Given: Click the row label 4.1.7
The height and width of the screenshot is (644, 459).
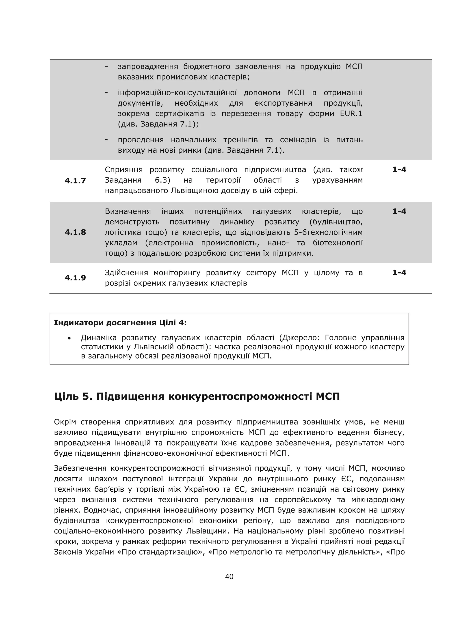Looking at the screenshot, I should (x=75, y=181).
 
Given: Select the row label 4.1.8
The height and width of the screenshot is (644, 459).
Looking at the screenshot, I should (x=75, y=232).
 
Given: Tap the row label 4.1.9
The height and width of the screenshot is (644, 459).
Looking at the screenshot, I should (x=75, y=278).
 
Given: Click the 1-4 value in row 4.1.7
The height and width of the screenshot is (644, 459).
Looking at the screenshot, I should (x=399, y=170).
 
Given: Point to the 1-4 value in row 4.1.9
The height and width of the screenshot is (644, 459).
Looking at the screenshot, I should (x=399, y=273).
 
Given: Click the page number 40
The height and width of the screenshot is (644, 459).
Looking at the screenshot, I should (x=229, y=577).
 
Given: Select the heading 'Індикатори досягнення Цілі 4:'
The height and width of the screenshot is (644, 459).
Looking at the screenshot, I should (x=120, y=323).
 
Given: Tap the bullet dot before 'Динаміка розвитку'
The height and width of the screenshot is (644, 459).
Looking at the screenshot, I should (x=69, y=338).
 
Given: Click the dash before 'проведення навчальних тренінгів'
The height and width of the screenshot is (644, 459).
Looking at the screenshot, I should (x=106, y=140).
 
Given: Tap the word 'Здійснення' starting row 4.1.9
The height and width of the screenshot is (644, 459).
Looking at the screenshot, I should (x=126, y=273).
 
